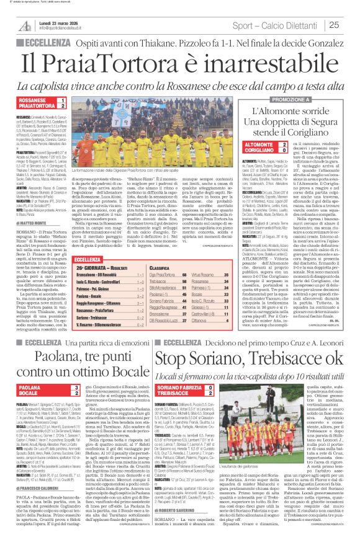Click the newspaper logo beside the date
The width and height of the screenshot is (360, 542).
pos(25,25)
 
